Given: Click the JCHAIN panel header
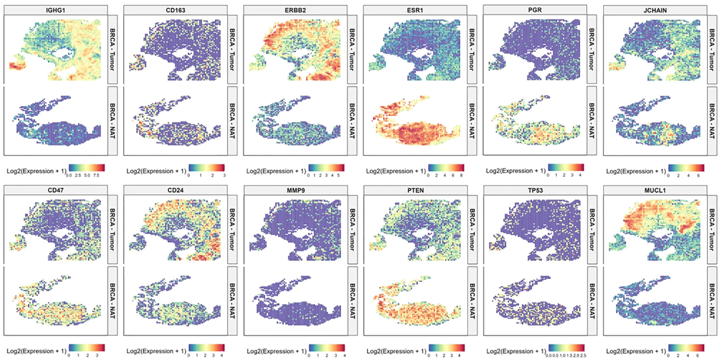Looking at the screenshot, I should [x=655, y=11].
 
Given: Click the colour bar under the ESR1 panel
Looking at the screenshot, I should [x=446, y=167].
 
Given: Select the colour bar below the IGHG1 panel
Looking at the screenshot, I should [x=87, y=167].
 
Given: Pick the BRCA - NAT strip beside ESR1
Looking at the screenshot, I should [x=474, y=121].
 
